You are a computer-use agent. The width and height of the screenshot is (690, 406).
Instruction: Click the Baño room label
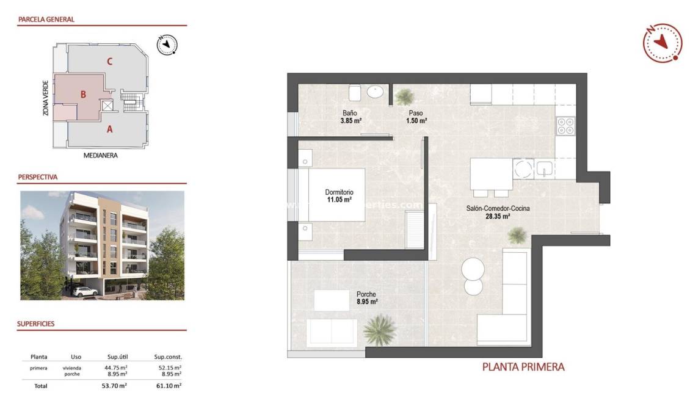tap(349, 112)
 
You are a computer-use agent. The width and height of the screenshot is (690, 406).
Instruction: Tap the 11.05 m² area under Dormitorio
tap(338, 200)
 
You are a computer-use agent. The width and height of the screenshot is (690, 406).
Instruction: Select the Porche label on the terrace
tap(367, 294)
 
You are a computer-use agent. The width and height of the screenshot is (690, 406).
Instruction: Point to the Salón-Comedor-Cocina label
tap(498, 208)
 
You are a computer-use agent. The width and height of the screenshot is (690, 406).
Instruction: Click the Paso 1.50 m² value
tap(416, 121)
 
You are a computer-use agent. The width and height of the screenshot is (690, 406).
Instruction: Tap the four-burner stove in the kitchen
tap(565, 125)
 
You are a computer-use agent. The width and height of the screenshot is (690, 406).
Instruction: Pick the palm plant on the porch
tap(380, 330)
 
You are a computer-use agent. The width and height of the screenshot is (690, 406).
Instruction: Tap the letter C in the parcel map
tap(109, 61)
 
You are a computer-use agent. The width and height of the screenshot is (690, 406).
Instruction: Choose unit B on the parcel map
tap(83, 95)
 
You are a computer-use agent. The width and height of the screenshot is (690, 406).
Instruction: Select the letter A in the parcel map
tap(110, 129)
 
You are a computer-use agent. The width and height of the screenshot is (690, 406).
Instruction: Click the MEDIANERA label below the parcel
tap(100, 156)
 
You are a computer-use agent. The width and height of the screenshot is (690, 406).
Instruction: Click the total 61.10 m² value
tap(169, 386)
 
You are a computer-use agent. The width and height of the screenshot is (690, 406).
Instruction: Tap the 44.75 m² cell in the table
tap(114, 368)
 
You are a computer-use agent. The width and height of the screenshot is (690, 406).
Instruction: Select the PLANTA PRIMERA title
tap(523, 367)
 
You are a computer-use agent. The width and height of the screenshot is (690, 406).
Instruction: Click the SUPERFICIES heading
tap(36, 324)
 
